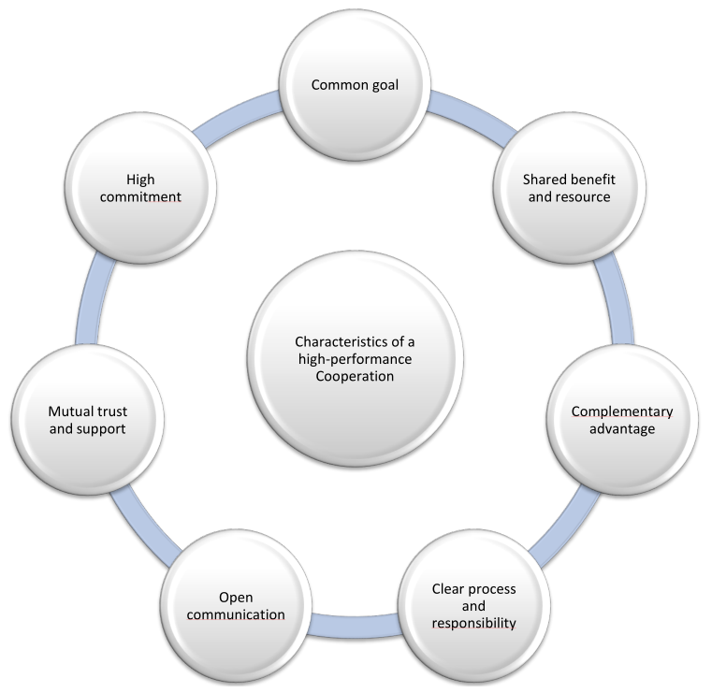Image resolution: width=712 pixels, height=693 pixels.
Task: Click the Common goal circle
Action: pos(355,85)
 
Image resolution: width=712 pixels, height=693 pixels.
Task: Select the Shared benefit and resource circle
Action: pos(568,187)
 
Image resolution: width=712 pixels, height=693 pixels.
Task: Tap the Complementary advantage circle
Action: pos(621,420)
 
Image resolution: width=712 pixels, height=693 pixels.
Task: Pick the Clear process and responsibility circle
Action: pos(473,605)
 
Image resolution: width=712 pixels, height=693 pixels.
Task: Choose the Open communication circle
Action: pos(236,605)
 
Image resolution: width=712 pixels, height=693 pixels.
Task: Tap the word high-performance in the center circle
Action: pos(355,360)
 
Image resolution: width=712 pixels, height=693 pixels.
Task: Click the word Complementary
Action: pos(621,411)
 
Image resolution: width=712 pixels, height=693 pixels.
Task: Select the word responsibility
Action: pos(473,623)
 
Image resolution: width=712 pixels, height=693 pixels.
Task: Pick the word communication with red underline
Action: pos(236,614)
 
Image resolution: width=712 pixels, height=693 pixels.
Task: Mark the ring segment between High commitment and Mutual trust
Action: pos(96,299)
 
